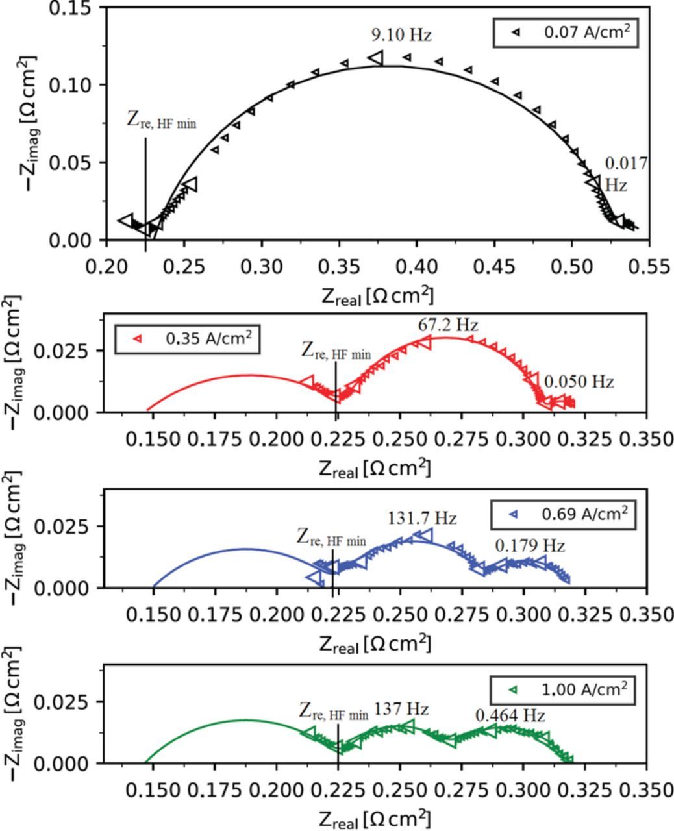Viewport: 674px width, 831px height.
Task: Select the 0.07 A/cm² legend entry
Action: coord(566,32)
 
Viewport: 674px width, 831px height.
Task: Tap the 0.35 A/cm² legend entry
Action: coord(188,338)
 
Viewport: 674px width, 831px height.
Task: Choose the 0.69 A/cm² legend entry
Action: coord(564,514)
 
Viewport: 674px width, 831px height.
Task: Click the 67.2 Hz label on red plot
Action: coord(447,325)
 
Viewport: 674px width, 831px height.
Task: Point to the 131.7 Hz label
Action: coord(423,518)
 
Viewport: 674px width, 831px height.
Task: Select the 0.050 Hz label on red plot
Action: coord(579,382)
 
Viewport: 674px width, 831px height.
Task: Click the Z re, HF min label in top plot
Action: coord(161,121)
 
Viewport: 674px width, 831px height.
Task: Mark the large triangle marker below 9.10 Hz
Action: coord(377,58)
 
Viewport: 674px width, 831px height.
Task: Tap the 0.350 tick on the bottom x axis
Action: coord(645,791)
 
